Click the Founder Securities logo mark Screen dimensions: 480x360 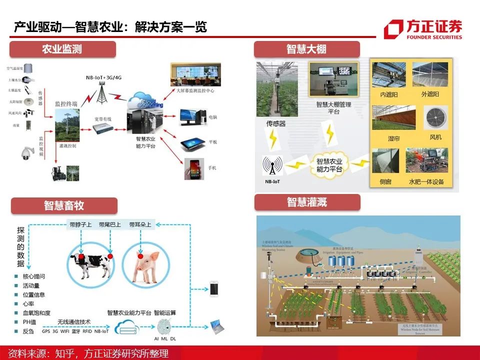coord(393,29)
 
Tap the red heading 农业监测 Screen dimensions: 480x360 coord(61,49)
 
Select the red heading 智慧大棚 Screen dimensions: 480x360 coord(306,49)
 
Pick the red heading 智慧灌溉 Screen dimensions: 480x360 coord(306,202)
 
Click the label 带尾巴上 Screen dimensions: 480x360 coord(109,224)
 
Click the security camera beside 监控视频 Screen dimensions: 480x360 coord(26,153)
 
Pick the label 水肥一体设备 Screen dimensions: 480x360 coord(426,182)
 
